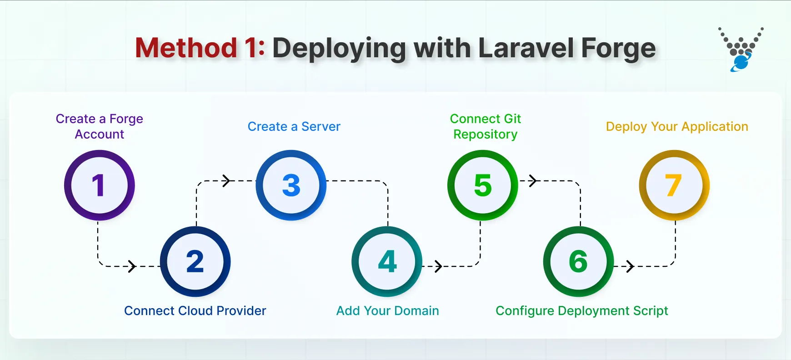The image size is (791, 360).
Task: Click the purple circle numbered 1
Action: pyautogui.click(x=100, y=185)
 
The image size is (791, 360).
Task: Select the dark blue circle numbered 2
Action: pyautogui.click(x=195, y=262)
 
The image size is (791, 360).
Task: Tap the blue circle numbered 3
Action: pyautogui.click(x=291, y=185)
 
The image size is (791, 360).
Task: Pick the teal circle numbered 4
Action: pyautogui.click(x=387, y=262)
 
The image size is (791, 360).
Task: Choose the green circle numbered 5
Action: pyautogui.click(x=483, y=185)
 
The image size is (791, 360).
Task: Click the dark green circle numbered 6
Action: pyautogui.click(x=579, y=262)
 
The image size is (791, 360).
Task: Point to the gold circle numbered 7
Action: pyautogui.click(x=674, y=185)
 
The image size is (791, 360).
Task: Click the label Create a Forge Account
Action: pyautogui.click(x=100, y=126)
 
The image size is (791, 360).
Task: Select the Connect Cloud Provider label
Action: pyautogui.click(x=195, y=311)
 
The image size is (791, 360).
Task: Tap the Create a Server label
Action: pyautogui.click(x=294, y=127)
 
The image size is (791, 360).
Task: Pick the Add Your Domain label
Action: pyautogui.click(x=388, y=311)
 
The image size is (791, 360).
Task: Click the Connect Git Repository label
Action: pyautogui.click(x=486, y=126)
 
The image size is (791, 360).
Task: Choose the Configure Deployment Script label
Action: pyautogui.click(x=582, y=311)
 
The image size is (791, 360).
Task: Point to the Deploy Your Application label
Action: pyautogui.click(x=677, y=127)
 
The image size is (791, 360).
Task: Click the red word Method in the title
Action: pyautogui.click(x=186, y=48)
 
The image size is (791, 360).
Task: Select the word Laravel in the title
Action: pyautogui.click(x=526, y=48)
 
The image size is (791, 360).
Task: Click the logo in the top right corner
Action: pyautogui.click(x=741, y=50)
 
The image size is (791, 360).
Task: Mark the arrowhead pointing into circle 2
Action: pyautogui.click(x=132, y=266)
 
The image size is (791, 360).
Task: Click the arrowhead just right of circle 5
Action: pyautogui.click(x=533, y=181)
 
